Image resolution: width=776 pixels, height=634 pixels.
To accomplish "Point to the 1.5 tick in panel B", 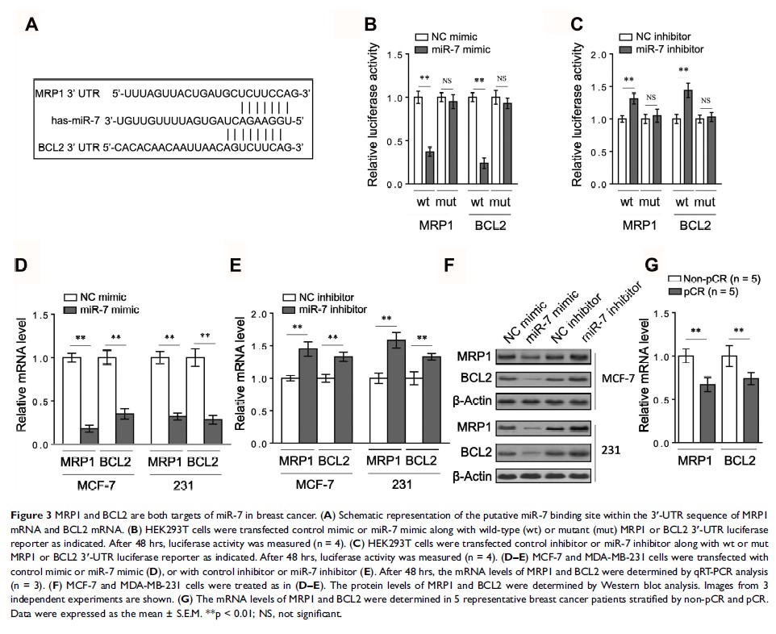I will click(x=394, y=55).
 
